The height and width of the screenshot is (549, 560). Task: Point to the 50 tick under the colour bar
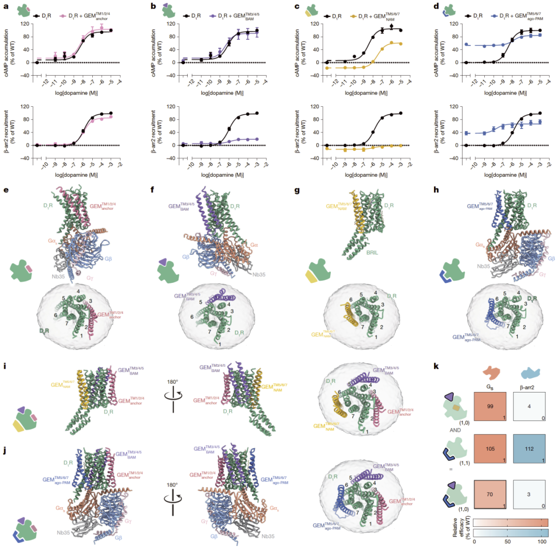pos(508,543)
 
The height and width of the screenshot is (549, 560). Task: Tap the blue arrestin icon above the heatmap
pos(530,373)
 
